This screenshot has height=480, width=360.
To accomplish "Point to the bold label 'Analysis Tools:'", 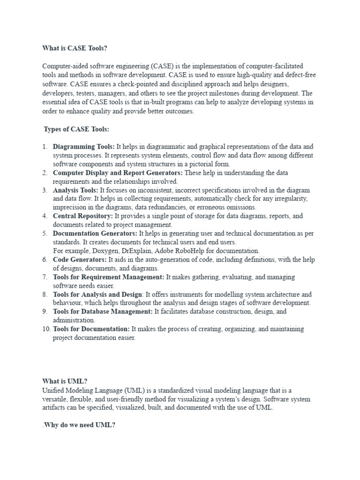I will click(75, 190).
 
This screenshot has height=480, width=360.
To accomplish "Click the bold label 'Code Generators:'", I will click(80, 260).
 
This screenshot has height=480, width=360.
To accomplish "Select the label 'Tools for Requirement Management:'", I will click(108, 277).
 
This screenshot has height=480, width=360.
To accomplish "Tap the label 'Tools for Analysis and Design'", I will click(97, 294).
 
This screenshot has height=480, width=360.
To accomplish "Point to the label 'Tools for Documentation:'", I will click(91, 329).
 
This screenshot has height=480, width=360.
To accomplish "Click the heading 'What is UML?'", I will click(65, 382).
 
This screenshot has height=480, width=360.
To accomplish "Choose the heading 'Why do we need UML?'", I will click(79, 425).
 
